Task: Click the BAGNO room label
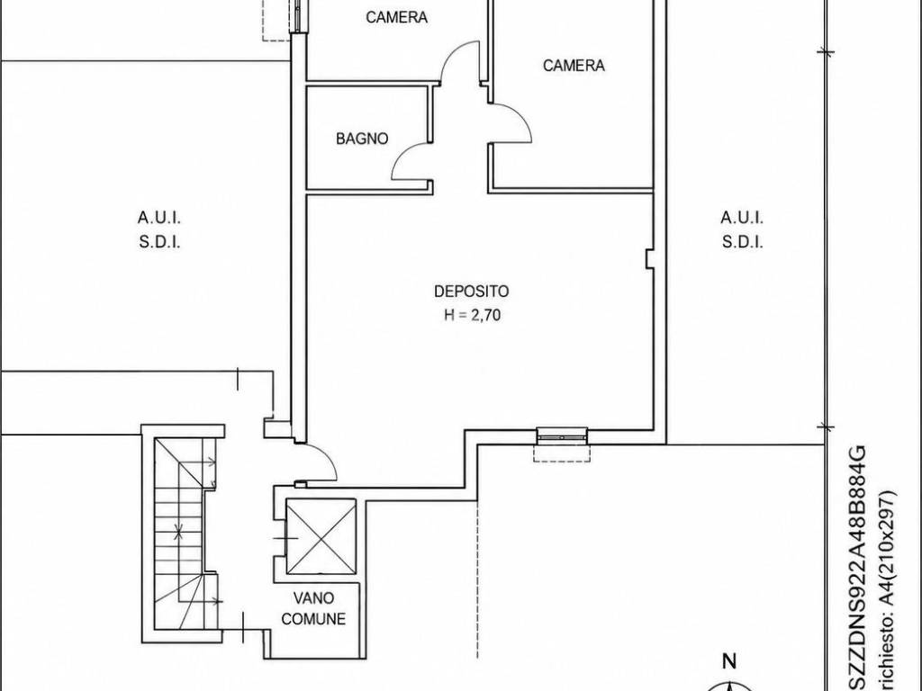click(x=362, y=139)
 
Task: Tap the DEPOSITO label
click(x=471, y=291)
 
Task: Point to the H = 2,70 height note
click(x=472, y=316)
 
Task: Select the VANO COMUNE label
click(x=313, y=608)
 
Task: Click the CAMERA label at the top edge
click(x=396, y=17)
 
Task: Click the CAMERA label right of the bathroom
click(x=574, y=65)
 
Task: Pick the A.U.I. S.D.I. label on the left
click(x=159, y=229)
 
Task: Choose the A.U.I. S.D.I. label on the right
click(x=742, y=229)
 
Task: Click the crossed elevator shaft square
click(x=321, y=536)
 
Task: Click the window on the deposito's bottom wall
click(x=562, y=435)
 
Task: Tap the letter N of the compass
click(x=729, y=661)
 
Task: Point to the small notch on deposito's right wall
click(x=649, y=259)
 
